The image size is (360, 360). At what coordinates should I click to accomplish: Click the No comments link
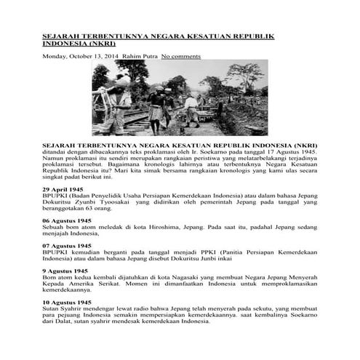coord(181,55)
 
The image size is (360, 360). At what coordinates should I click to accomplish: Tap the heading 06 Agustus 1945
coord(68,219)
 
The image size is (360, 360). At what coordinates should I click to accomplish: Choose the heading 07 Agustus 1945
coord(68,246)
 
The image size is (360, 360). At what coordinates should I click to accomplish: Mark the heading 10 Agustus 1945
coord(68,302)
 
